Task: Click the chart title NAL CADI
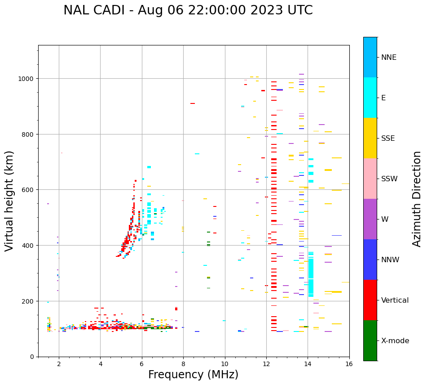[188, 10]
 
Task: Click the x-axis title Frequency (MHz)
[193, 375]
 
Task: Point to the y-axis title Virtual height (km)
[9, 201]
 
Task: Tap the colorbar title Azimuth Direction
[417, 199]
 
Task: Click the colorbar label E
[383, 98]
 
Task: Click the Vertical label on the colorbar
[395, 300]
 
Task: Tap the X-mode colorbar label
[395, 340]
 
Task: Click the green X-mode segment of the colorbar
[370, 340]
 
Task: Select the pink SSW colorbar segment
[370, 179]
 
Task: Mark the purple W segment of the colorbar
[370, 219]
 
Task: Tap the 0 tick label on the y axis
[32, 357]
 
